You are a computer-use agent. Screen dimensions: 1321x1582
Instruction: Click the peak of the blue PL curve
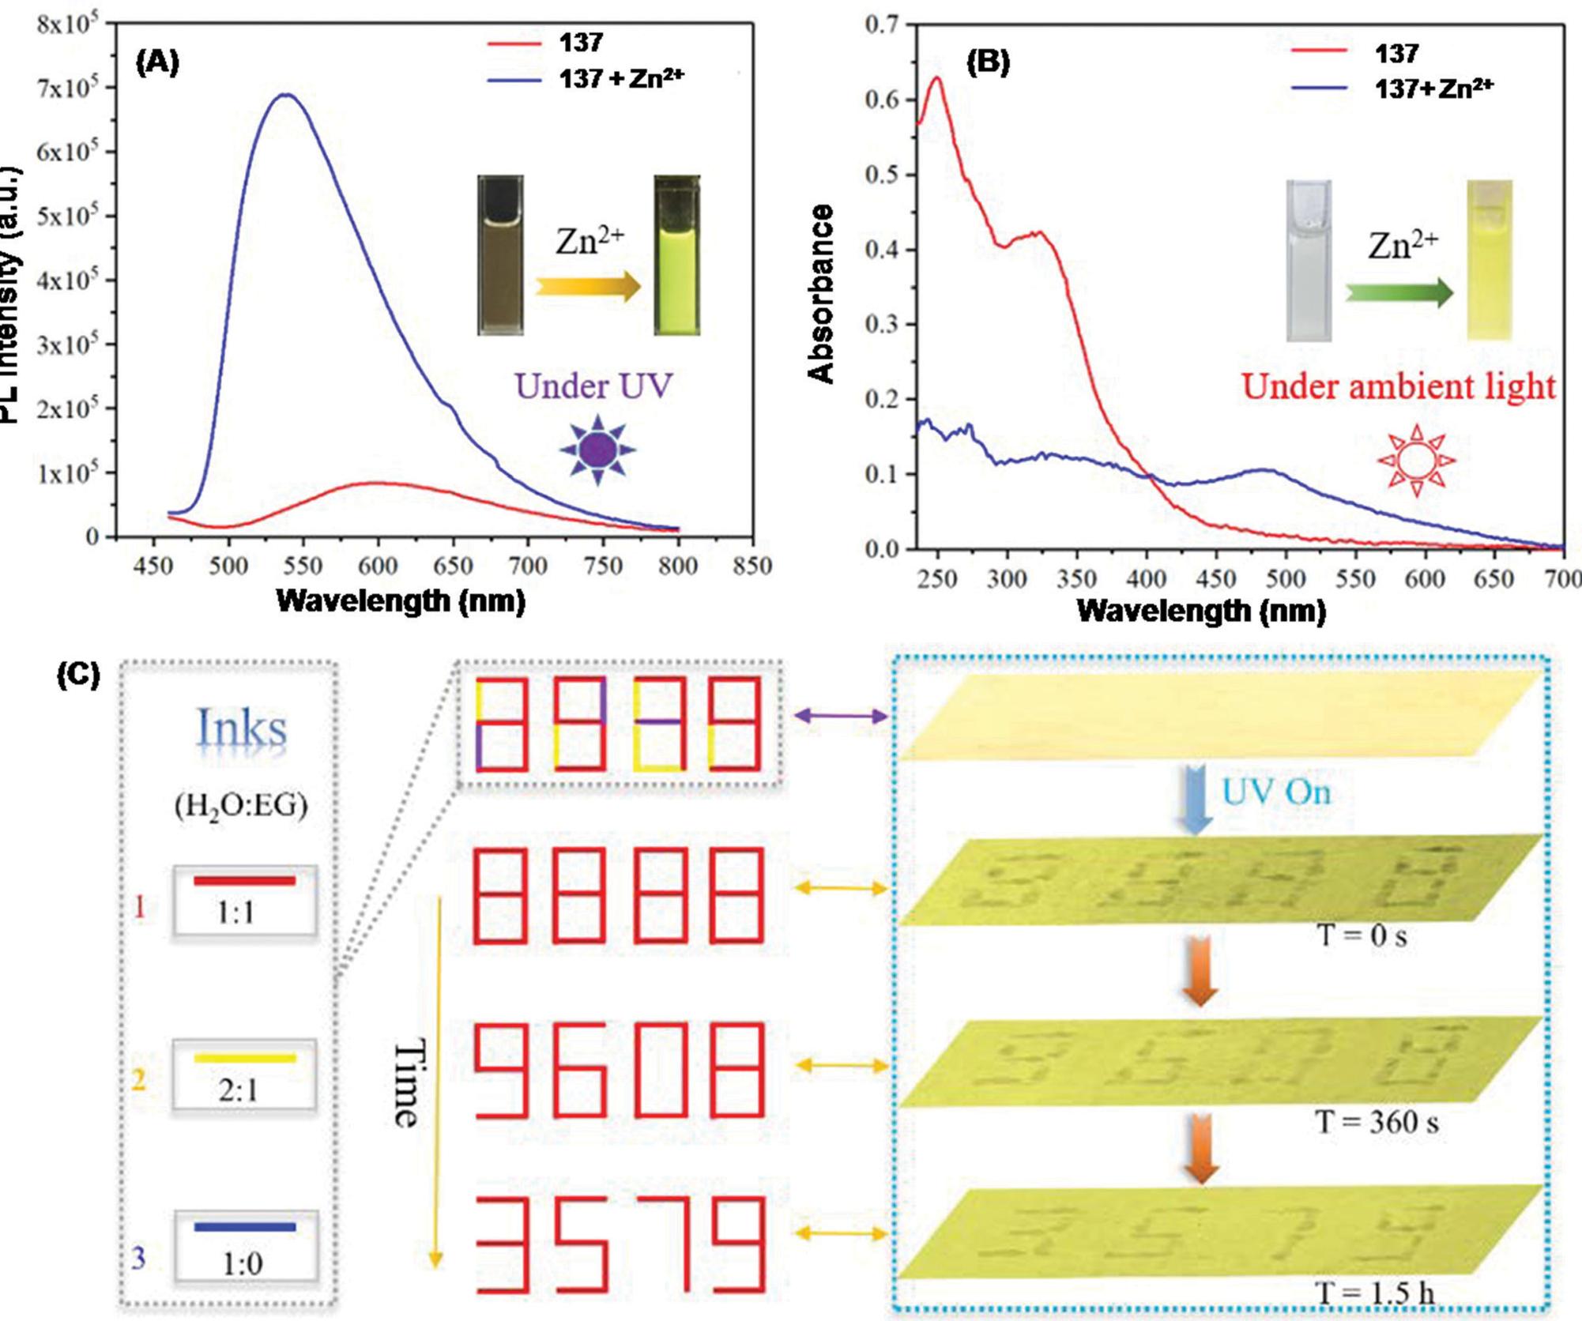coord(286,96)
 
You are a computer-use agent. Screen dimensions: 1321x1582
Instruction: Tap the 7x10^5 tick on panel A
coord(67,88)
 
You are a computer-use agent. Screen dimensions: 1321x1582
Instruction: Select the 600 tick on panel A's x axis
coord(378,566)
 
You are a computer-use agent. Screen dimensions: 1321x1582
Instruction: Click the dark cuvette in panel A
coord(500,255)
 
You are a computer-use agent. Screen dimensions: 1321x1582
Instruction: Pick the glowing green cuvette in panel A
coord(676,255)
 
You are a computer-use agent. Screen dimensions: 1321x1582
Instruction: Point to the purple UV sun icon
coord(597,450)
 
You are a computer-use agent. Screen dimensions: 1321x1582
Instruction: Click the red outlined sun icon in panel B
coord(1416,460)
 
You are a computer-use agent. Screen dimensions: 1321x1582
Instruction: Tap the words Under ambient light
coord(1398,387)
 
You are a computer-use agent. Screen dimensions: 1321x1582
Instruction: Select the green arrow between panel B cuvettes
coord(1399,293)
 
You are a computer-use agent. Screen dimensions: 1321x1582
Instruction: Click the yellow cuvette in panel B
coord(1490,261)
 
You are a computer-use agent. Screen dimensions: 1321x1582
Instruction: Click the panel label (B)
coord(988,62)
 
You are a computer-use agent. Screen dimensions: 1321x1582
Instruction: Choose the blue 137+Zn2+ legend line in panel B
coord(1319,88)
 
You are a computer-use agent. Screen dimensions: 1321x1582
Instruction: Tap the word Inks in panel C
coord(242,728)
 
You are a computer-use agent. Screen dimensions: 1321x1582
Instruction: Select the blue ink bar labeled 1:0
coord(245,1227)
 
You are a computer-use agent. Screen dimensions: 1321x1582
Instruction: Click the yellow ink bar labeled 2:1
coord(245,1058)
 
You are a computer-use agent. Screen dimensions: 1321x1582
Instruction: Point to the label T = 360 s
coord(1376,1121)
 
